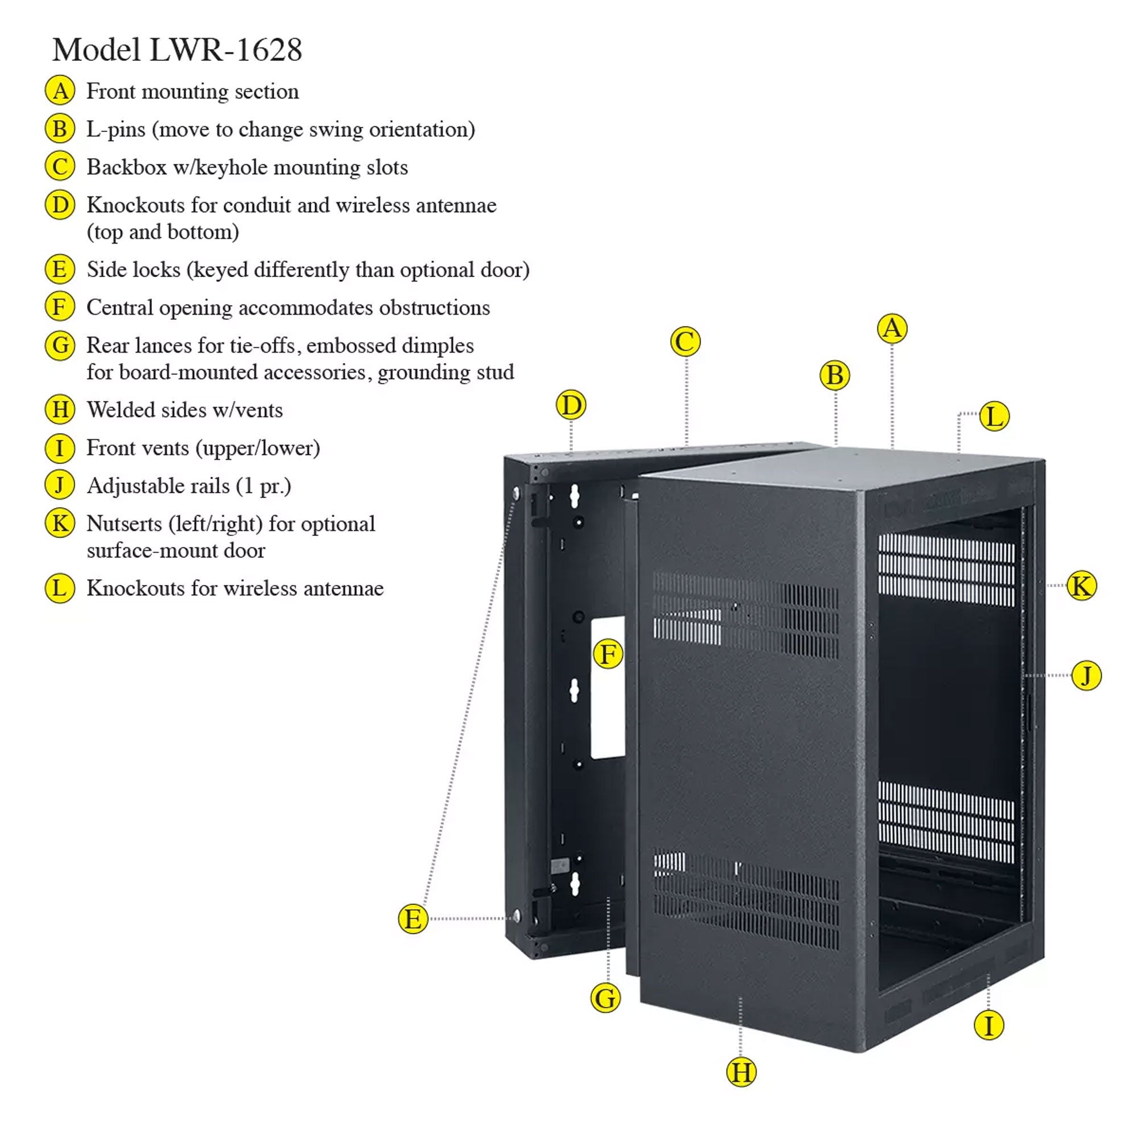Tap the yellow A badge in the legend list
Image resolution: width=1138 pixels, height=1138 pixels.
tap(60, 90)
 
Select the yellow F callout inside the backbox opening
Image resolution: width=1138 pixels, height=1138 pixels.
tap(608, 654)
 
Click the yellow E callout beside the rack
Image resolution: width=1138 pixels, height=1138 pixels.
tap(413, 919)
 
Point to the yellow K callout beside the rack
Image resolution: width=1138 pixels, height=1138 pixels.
tap(1082, 586)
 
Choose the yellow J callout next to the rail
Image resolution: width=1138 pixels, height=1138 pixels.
tap(1086, 675)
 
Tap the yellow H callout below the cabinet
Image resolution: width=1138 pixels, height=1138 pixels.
tap(741, 1072)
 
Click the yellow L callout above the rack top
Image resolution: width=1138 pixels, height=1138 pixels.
tap(994, 417)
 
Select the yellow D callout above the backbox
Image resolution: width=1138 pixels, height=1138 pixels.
tap(571, 405)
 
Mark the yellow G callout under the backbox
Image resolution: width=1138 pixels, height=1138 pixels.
tap(605, 999)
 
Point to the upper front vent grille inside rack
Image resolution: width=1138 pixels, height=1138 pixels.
tap(946, 570)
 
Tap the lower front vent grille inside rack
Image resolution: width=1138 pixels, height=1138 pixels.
tap(946, 822)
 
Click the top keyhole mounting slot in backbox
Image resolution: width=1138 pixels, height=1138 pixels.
tap(574, 497)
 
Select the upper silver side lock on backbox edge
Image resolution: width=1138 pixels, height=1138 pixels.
tap(517, 492)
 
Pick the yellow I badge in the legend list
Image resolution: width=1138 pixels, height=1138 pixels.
tap(60, 448)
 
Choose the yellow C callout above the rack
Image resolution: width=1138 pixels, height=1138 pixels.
tap(685, 341)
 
